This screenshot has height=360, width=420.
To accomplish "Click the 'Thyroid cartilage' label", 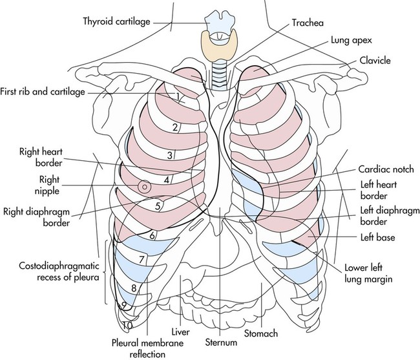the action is tap(116, 21).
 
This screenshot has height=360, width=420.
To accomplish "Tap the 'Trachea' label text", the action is tap(308, 23).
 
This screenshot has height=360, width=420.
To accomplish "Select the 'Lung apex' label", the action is tap(352, 41).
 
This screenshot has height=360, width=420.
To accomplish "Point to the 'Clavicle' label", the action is tap(375, 61).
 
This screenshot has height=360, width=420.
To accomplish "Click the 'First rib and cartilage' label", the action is tap(42, 92).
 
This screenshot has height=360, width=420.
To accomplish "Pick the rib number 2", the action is tap(175, 127).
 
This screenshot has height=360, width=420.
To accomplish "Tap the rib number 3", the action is tap(169, 155).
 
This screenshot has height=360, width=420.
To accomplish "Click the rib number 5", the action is tap(158, 206).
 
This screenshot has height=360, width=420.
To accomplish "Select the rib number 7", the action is tap(142, 260).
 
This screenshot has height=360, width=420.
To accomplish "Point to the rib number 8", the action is tap(134, 288).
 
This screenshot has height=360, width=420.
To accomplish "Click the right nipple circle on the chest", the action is tap(144, 187).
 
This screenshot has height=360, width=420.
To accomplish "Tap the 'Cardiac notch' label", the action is tap(386, 169).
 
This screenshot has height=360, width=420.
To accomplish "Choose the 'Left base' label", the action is tap(378, 237).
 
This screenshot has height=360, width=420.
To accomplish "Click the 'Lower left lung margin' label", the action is tap(368, 273).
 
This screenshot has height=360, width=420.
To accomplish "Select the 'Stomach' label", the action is tap(261, 334).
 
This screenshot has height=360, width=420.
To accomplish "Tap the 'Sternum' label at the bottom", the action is tap(221, 342).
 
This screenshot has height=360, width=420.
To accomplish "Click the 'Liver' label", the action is tap(180, 332).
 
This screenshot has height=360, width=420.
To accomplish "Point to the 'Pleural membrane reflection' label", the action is tap(147, 348).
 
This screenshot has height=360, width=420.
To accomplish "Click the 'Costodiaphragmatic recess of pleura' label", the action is tap(59, 271).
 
